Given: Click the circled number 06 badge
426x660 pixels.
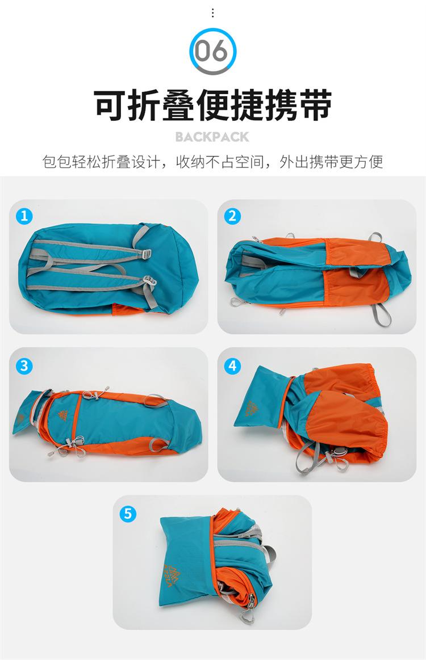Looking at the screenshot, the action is [x=213, y=51].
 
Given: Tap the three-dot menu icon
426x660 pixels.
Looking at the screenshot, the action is [x=213, y=13].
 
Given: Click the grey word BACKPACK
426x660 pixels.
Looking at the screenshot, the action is [x=212, y=137].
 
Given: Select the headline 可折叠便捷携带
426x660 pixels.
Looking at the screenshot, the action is [x=213, y=104].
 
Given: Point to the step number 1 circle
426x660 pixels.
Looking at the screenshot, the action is [x=24, y=216].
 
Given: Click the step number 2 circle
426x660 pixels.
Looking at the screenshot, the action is [x=232, y=216].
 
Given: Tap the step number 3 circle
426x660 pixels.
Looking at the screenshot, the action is [x=24, y=365].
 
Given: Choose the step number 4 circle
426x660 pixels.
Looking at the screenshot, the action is [x=232, y=365].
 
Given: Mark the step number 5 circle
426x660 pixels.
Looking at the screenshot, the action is [x=128, y=514].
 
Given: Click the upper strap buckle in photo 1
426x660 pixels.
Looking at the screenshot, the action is [x=146, y=254].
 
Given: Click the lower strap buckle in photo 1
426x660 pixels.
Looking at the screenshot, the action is [x=148, y=280].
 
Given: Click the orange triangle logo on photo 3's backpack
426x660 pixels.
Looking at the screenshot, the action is [x=63, y=415].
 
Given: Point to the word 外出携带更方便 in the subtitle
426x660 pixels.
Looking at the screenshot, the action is [x=331, y=162].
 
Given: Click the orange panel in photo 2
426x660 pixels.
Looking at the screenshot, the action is [x=357, y=271].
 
